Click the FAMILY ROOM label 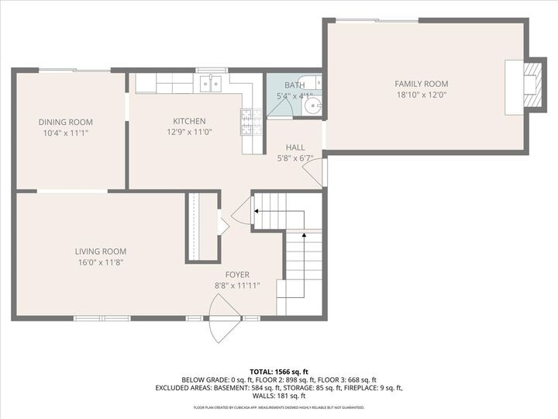(422, 84)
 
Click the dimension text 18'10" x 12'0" (422, 95)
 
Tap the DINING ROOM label (66, 122)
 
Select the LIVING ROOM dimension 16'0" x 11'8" (101, 262)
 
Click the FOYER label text (237, 275)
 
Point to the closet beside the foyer (198, 227)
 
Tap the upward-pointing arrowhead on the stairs (305, 234)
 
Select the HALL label (294, 147)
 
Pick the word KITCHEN (189, 121)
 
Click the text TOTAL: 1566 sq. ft (279, 371)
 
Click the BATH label (294, 85)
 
